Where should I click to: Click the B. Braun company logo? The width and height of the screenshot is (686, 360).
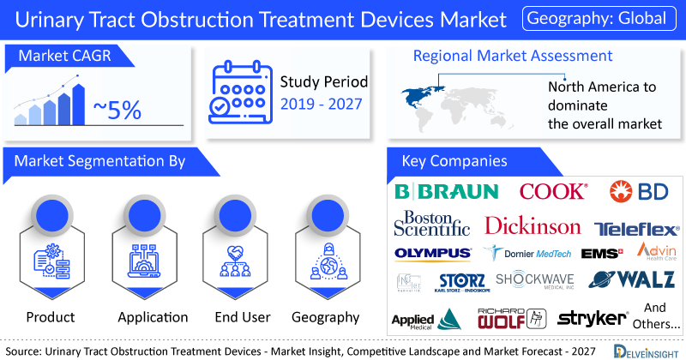pos(446,191)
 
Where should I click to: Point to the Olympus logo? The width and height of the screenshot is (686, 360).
pos(432,253)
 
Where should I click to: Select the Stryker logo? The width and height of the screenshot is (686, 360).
pos(593,318)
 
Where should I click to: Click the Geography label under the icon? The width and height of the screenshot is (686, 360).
pos(325,317)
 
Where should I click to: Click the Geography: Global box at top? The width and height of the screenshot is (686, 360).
pos(600,18)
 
